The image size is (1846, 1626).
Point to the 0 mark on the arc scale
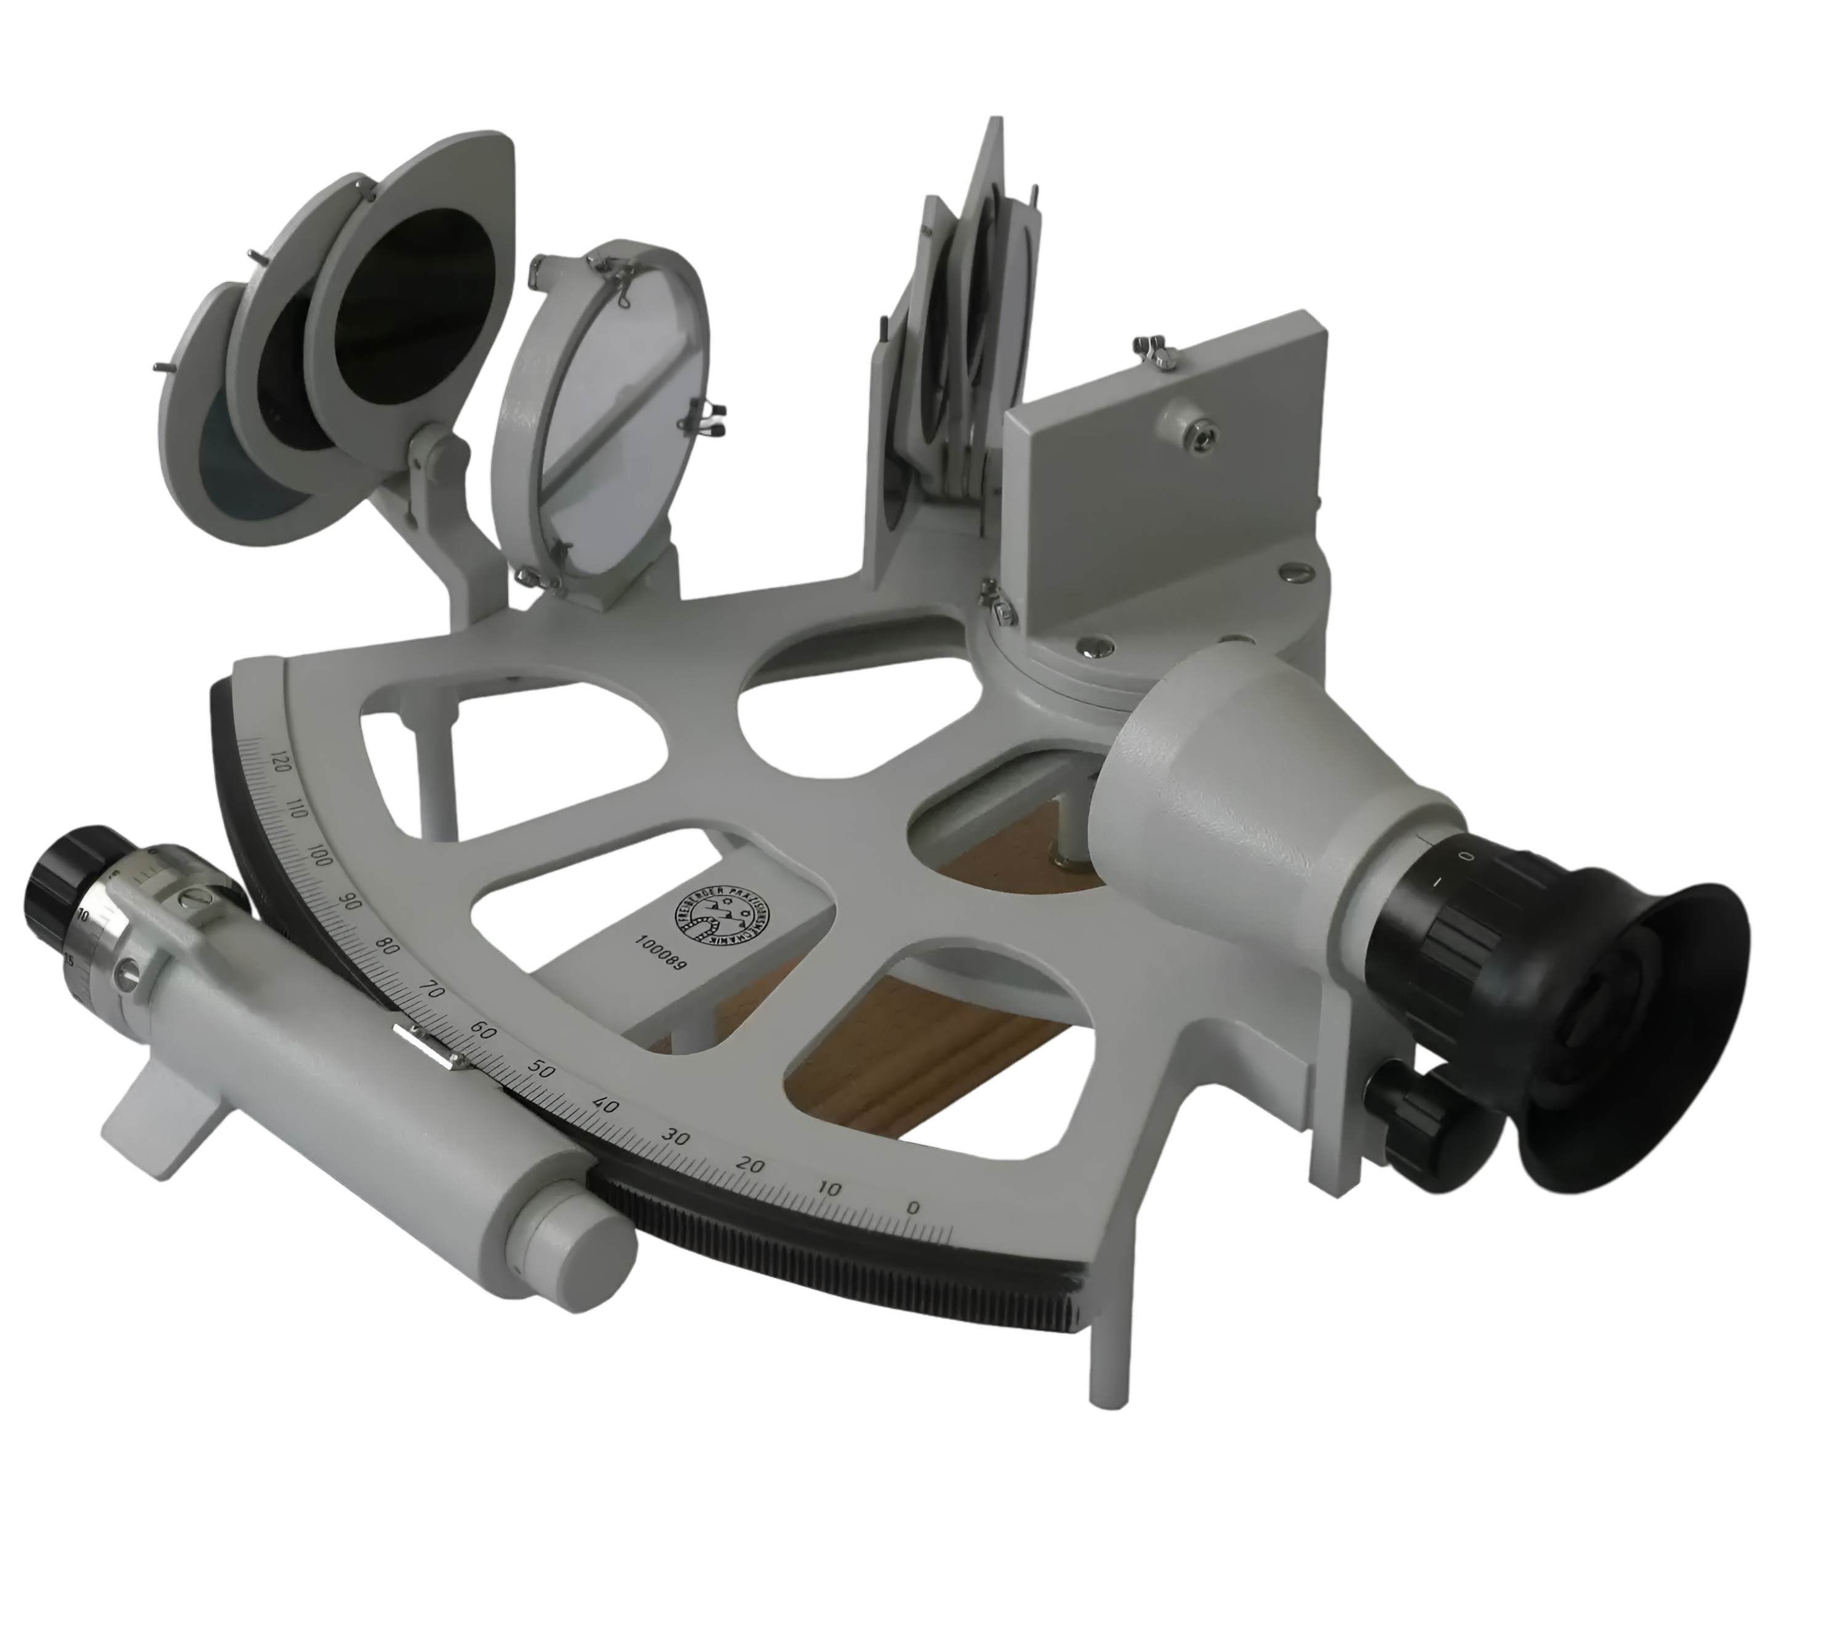(x=913, y=1207)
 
